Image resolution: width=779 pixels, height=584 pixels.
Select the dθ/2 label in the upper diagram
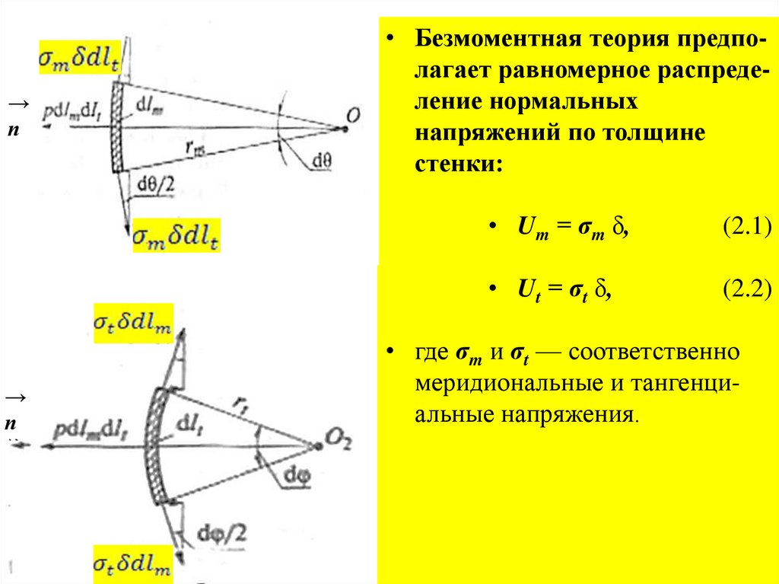[155, 182]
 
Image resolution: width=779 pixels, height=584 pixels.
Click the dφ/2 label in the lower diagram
[218, 531]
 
